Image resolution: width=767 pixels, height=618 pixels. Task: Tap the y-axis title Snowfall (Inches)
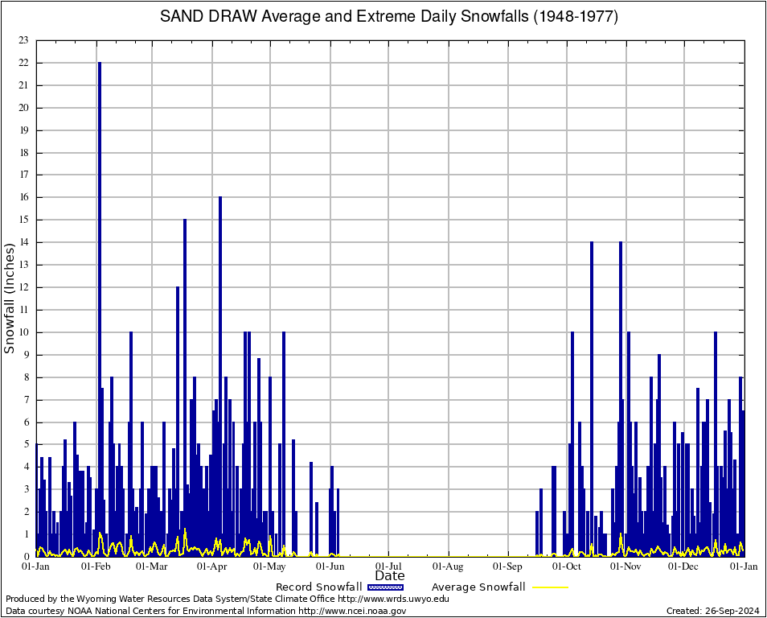pos(10,299)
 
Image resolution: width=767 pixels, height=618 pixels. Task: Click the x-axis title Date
pos(390,575)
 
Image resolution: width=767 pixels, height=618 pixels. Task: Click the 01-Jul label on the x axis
pos(389,566)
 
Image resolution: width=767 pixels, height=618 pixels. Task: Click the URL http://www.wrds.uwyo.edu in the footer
pos(393,599)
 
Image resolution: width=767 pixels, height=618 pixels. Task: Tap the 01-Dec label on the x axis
pos(685,566)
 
